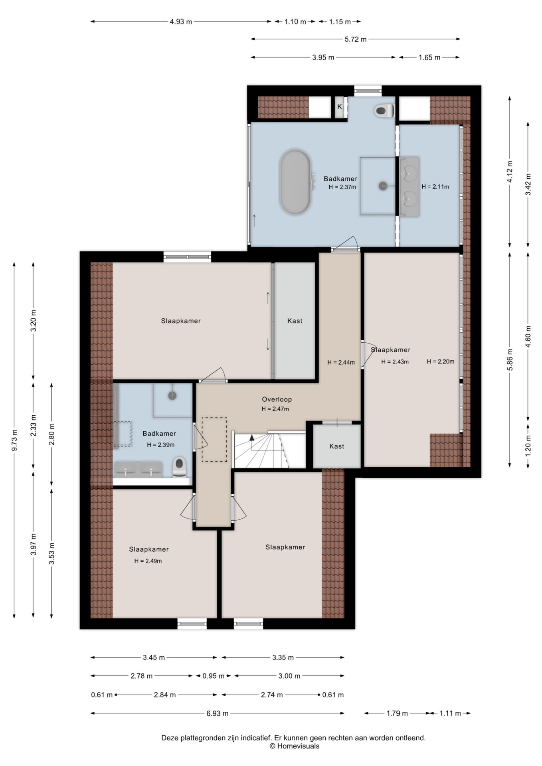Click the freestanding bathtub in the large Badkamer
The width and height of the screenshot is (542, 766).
coord(295,182)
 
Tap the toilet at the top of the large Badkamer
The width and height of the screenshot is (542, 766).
coord(385,111)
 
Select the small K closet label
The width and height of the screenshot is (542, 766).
coord(340,107)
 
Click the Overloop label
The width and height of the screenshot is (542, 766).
coord(277,399)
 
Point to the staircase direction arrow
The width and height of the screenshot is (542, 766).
coord(252,438)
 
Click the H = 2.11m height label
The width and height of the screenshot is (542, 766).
coord(435,186)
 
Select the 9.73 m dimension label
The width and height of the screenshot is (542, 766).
coord(14,440)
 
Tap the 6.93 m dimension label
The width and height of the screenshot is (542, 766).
coord(218,713)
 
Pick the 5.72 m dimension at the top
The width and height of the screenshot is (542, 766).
coord(355,39)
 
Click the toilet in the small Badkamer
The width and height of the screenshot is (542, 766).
coord(179,467)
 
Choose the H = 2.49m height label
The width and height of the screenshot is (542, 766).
coord(148,561)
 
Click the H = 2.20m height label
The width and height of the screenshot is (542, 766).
coord(440,361)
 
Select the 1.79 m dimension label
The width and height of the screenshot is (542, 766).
coord(397,713)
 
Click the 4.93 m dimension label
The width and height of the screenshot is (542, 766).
coord(181,22)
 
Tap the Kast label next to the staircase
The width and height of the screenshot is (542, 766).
coord(336,446)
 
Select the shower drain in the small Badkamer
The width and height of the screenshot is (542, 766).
coord(172,395)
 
